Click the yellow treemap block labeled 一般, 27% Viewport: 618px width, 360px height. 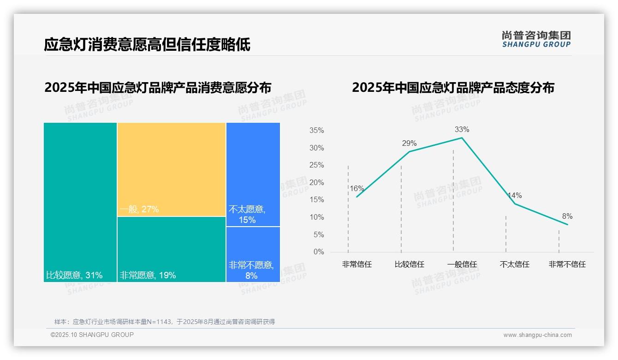(171, 169)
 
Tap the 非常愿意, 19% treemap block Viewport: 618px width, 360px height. (171, 249)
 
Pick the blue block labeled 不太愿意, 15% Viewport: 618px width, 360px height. (253, 174)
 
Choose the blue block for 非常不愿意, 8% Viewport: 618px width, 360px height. (253, 254)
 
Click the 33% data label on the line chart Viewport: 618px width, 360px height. (462, 130)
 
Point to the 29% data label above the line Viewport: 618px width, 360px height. (409, 144)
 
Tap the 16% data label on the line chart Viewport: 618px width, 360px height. (357, 189)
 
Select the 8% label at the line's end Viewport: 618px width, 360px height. (567, 216)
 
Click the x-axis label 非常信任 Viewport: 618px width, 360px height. (357, 264)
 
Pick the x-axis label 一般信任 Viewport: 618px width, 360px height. (462, 264)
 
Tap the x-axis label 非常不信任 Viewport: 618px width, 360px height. (567, 264)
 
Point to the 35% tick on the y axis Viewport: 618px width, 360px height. (316, 131)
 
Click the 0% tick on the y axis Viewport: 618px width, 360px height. (319, 252)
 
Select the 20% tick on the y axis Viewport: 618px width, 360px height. (316, 183)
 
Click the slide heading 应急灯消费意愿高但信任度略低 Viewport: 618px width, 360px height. (147, 45)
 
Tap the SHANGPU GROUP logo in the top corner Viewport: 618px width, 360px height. (536, 39)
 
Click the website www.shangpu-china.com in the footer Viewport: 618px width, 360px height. (537, 335)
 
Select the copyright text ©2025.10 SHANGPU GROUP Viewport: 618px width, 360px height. (92, 335)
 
